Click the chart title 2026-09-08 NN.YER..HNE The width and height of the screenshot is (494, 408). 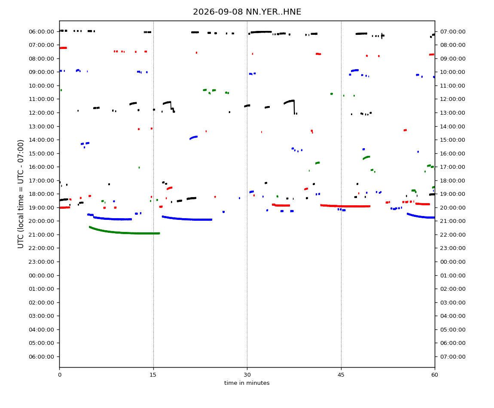pos(247,12)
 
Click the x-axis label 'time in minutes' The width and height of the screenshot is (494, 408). pos(247,383)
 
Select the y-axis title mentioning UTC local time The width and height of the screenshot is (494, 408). pos(21,194)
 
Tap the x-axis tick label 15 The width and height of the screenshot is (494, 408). pos(153,375)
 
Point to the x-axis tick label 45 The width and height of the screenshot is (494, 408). pos(341,375)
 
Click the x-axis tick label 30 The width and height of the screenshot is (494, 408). pos(247,375)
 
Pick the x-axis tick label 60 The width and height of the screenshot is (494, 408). pos(435,375)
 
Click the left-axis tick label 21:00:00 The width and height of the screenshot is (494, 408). pos(41,235)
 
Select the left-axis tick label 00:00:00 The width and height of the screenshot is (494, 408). pos(41,275)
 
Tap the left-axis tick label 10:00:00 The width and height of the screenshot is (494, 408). pos(41,86)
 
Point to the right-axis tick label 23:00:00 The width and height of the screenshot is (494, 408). pos(453,248)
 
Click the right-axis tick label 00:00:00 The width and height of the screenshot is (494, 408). pos(453,262)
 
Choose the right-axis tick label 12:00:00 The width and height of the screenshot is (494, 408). pos(453,99)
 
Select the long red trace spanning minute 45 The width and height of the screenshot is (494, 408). pos(345,206)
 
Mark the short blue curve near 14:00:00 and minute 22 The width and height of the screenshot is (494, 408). pos(193,137)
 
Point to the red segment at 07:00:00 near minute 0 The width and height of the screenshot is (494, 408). pos(63,48)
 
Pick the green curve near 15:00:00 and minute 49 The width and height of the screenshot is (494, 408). pos(366,157)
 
